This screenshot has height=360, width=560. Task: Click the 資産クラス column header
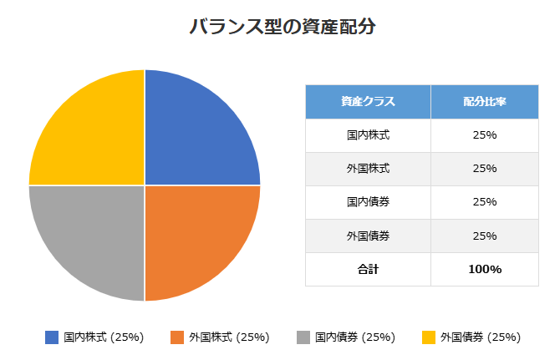(x=368, y=102)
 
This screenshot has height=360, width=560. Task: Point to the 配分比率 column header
(x=485, y=102)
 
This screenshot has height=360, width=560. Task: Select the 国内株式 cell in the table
(x=368, y=135)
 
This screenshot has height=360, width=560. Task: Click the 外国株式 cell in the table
(x=368, y=169)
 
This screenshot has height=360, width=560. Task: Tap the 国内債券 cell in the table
(x=368, y=202)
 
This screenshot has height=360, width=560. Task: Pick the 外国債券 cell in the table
(x=368, y=236)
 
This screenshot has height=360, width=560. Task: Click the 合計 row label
(x=368, y=269)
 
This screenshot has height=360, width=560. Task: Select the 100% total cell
(x=485, y=269)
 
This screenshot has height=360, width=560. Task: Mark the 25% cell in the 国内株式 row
(x=485, y=135)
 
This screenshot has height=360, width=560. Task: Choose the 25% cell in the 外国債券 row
(x=485, y=236)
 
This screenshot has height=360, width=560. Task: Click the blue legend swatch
(x=52, y=337)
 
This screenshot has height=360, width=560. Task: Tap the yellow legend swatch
(x=428, y=337)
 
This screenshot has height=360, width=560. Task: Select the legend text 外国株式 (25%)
(x=229, y=337)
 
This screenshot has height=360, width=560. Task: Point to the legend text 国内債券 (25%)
(x=355, y=337)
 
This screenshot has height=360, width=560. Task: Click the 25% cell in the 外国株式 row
(x=485, y=169)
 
